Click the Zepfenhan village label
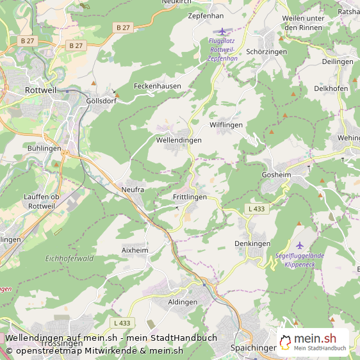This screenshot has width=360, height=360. [x=206, y=15]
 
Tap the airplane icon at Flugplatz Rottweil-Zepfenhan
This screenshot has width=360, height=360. [x=222, y=31]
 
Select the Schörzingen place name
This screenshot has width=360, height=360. [x=266, y=51]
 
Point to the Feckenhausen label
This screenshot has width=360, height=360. [x=158, y=86]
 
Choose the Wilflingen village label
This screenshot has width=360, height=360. [x=226, y=125]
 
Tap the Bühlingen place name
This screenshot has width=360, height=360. [x=45, y=148]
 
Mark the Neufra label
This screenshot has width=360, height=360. [x=133, y=190]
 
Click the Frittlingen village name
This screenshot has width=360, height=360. [x=190, y=197]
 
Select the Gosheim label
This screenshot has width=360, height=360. [x=276, y=174]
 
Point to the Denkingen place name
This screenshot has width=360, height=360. [x=252, y=243]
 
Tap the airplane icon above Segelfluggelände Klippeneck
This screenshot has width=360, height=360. [x=300, y=245]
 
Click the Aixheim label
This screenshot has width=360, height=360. [x=135, y=250]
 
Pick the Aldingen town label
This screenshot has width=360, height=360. [x=183, y=302]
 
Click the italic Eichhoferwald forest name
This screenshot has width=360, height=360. [x=70, y=259]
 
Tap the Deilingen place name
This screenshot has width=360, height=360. [x=338, y=61]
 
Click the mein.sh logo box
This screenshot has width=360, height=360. [x=313, y=343]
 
